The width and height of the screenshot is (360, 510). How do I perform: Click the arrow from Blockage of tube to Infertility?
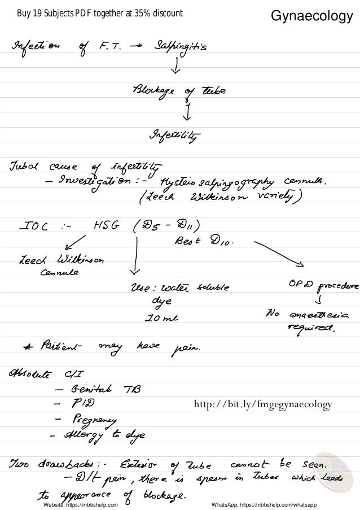(186, 113)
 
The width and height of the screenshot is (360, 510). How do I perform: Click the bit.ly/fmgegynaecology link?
(264, 404)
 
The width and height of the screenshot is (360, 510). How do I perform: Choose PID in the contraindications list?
(85, 404)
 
